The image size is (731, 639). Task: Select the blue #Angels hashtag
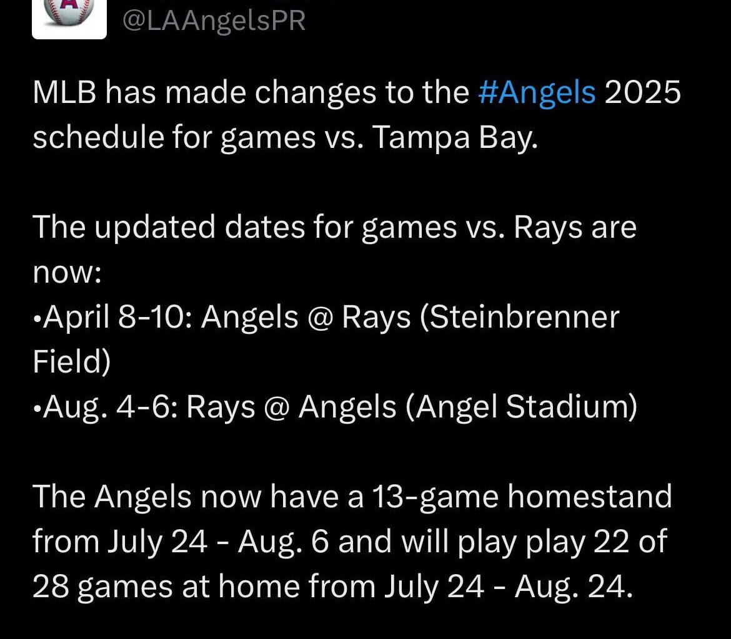(537, 93)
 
